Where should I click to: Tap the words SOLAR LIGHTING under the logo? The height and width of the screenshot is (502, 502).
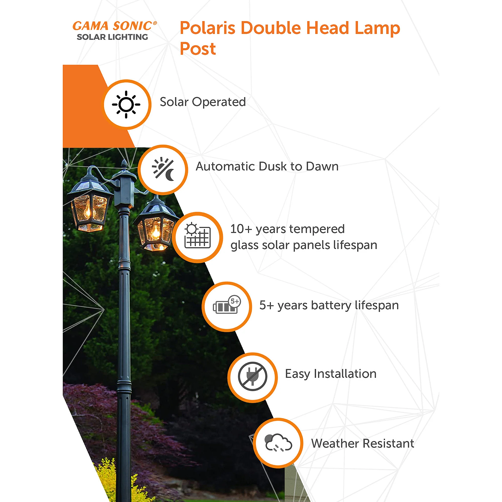tap(112, 37)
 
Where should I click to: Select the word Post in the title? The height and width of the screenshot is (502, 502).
tap(198, 49)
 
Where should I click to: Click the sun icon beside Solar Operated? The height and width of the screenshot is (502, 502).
tap(126, 104)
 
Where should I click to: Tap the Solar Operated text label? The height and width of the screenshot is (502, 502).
tap(203, 102)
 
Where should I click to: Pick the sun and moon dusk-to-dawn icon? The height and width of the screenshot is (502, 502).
tap(163, 169)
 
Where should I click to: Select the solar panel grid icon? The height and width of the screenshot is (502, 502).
tap(198, 236)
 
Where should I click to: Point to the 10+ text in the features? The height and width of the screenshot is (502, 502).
tap(241, 229)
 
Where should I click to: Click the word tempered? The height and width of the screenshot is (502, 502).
tap(317, 229)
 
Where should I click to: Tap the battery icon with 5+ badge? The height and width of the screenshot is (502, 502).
tap(227, 305)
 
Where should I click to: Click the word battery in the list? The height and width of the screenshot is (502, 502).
tap(331, 305)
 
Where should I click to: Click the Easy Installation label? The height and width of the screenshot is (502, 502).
tap(331, 374)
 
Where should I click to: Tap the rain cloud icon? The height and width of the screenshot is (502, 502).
tap(278, 443)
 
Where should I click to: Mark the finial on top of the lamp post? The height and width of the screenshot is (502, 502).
tap(124, 165)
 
